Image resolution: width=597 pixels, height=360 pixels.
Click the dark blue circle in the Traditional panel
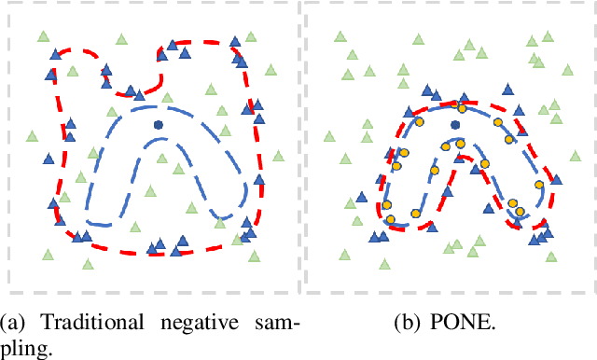tap(158, 124)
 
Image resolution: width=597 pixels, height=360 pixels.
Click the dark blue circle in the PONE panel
tap(455, 124)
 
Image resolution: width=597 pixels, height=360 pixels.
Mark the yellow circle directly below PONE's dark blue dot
tap(459, 144)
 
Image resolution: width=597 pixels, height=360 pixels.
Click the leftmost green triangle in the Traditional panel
tap(31, 137)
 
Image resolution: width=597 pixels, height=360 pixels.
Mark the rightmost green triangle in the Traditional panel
tap(271, 70)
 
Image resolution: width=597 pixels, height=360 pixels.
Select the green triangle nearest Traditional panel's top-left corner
tap(42, 37)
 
